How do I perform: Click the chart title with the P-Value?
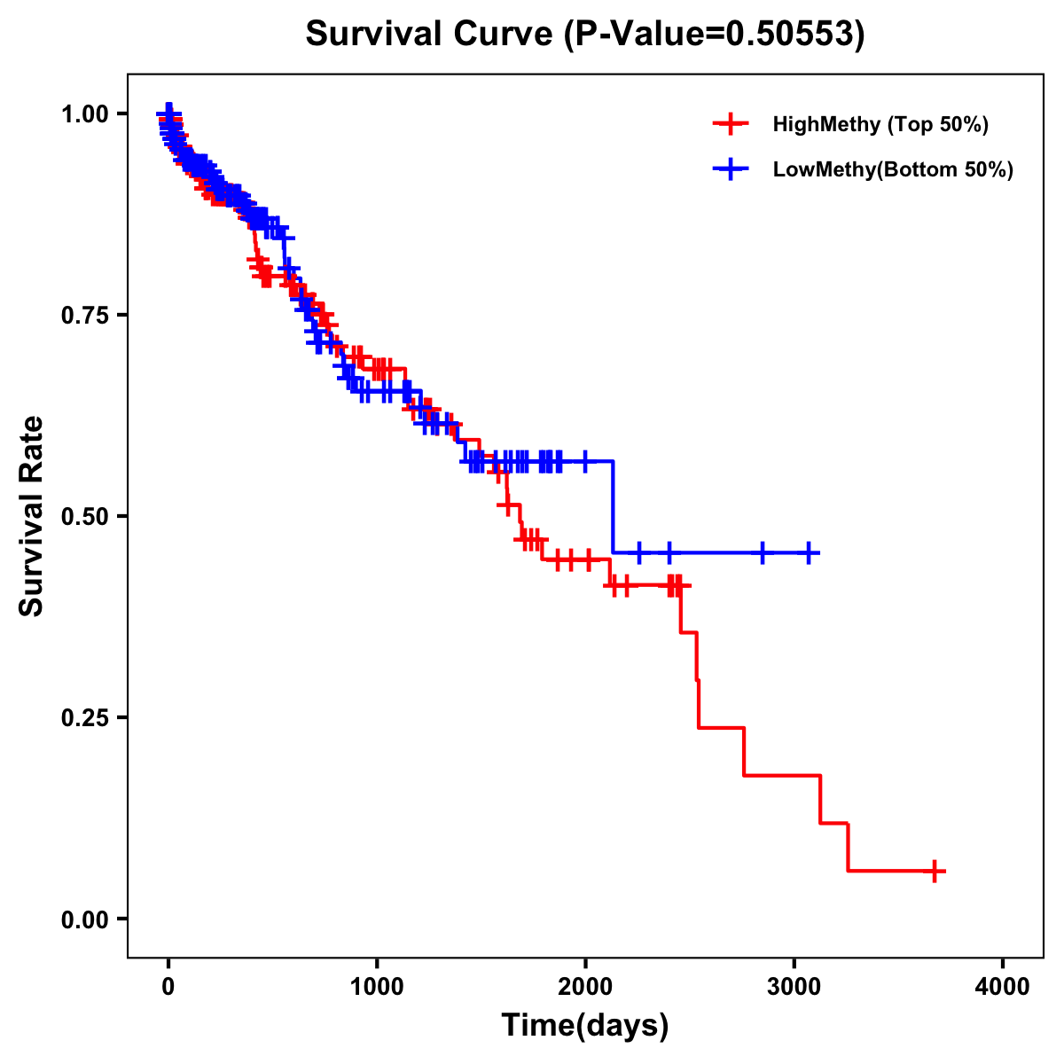pyautogui.click(x=585, y=34)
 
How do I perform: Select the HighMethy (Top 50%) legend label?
pyautogui.click(x=880, y=124)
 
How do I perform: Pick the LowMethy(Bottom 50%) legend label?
pyautogui.click(x=893, y=169)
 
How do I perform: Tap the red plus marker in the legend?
pyautogui.click(x=731, y=124)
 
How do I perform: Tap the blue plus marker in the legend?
pyautogui.click(x=731, y=169)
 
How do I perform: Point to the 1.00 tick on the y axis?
pyautogui.click(x=83, y=114)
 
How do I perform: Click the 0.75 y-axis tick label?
pyautogui.click(x=83, y=316)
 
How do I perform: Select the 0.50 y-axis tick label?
pyautogui.click(x=83, y=517)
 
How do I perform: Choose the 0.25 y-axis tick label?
pyautogui.click(x=83, y=718)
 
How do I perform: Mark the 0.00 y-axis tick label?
pyautogui.click(x=83, y=919)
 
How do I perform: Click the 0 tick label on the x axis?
pyautogui.click(x=168, y=987)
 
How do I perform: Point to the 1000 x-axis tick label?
pyautogui.click(x=377, y=987)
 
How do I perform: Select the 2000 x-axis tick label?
pyautogui.click(x=585, y=987)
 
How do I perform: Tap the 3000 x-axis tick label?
pyautogui.click(x=794, y=987)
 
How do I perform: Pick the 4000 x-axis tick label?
pyautogui.click(x=1003, y=987)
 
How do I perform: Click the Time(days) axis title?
pyautogui.click(x=585, y=1026)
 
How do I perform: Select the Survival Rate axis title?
pyautogui.click(x=32, y=516)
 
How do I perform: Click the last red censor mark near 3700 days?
pyautogui.click(x=935, y=871)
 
